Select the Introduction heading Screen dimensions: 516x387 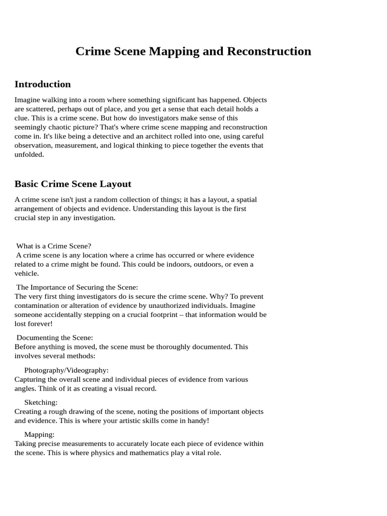coord(43,84)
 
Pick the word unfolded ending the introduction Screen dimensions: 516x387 coord(29,155)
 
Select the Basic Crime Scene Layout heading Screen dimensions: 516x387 coord(73,184)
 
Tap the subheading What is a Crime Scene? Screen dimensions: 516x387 coord(54,246)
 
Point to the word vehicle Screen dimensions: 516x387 coord(26,273)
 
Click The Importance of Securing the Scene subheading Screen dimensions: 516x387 coord(77,287)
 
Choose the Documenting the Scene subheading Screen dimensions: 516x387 coord(55,338)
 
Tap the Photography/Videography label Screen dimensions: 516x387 coord(67,370)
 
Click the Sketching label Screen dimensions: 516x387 coord(41,402)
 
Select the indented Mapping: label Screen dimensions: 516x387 coord(39,434)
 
